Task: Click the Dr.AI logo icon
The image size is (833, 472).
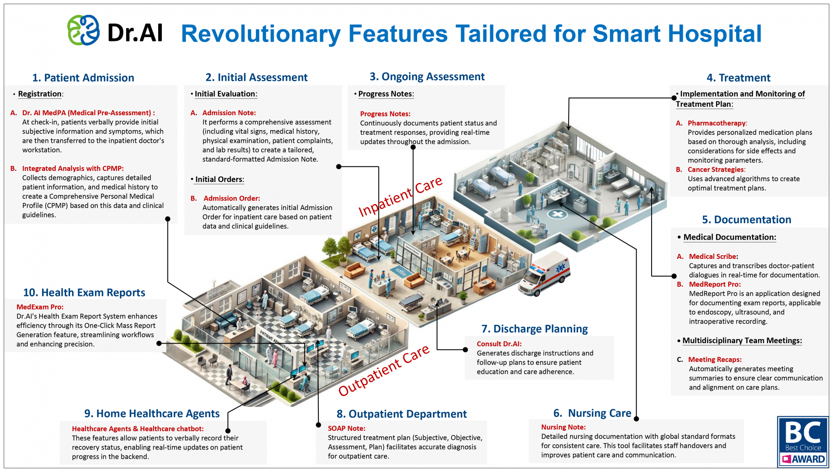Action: tap(84, 30)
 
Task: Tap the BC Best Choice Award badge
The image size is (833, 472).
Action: tap(803, 441)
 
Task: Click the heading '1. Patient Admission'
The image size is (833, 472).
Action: tap(83, 78)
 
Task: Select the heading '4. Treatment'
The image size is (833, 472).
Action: tap(738, 78)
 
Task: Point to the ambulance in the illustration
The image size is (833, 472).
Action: tap(544, 275)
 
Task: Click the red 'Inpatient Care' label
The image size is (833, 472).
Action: tap(400, 196)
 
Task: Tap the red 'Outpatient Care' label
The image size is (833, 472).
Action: tap(384, 370)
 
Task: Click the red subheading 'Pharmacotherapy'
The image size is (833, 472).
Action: tap(717, 123)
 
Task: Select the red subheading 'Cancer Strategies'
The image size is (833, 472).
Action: tap(716, 169)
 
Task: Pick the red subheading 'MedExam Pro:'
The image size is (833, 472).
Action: tap(40, 307)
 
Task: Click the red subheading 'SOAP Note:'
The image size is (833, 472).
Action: tap(346, 428)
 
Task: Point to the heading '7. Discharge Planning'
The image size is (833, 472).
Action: tap(534, 329)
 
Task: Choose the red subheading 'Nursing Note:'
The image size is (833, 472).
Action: tap(563, 427)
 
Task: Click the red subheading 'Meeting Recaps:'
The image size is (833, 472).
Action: tap(714, 359)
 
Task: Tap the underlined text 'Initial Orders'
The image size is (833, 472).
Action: tap(219, 179)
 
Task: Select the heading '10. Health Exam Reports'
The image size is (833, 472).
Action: tap(84, 293)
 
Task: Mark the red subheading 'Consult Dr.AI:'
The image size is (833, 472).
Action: tap(499, 344)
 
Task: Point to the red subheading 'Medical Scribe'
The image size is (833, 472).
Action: tap(713, 256)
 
